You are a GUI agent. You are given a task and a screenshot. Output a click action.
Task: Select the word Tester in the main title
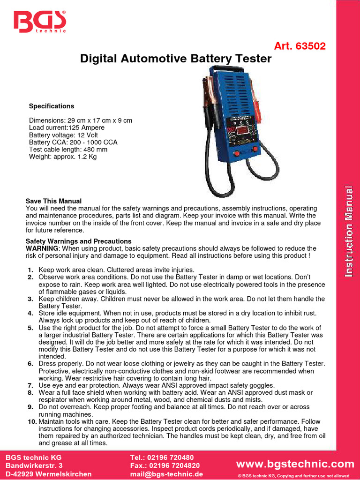click(x=254, y=59)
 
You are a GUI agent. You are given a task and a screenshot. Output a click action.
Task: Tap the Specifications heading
click(x=52, y=106)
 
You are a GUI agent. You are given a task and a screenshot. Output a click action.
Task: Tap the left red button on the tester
click(x=237, y=153)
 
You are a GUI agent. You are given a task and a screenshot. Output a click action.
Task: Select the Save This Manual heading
click(x=53, y=201)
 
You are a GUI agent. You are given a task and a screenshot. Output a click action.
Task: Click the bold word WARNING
click(x=42, y=248)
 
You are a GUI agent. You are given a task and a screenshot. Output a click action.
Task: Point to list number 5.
click(x=30, y=328)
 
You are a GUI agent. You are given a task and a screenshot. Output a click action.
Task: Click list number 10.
click(x=31, y=422)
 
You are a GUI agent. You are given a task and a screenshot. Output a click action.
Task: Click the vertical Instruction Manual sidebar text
click(x=348, y=231)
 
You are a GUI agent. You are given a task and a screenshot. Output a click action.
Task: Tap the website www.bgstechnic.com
click(x=295, y=464)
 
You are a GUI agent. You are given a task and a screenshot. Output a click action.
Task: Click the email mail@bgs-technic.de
click(x=166, y=474)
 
